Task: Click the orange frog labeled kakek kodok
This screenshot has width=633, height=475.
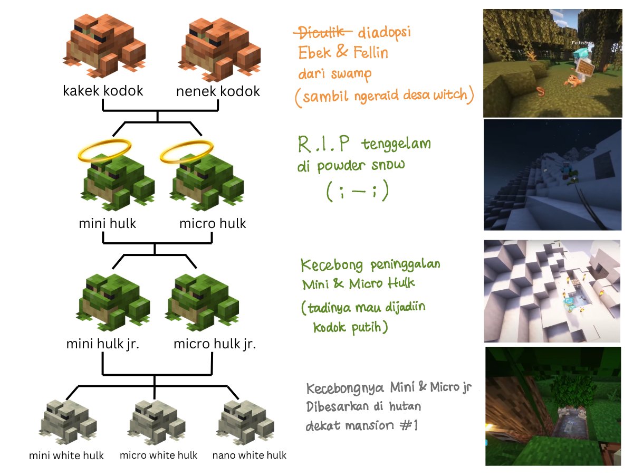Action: pyautogui.click(x=104, y=45)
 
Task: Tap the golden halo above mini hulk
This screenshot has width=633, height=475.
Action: pyautogui.click(x=104, y=150)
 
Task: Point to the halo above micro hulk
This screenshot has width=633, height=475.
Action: pyautogui.click(x=187, y=151)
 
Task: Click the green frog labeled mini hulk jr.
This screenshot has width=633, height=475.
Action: pyautogui.click(x=113, y=302)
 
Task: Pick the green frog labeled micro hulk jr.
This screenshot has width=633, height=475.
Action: pyautogui.click(x=202, y=302)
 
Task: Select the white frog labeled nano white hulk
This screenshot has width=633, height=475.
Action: pyautogui.click(x=245, y=422)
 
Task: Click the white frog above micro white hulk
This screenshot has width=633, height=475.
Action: pyautogui.click(x=156, y=422)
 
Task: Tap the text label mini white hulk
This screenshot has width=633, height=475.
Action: pyautogui.click(x=66, y=455)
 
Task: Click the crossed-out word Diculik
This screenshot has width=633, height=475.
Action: pyautogui.click(x=322, y=32)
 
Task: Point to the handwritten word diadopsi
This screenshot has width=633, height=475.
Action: pyautogui.click(x=384, y=32)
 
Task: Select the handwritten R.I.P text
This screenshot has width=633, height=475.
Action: pyautogui.click(x=323, y=144)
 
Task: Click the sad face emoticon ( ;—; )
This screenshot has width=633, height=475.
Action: pyautogui.click(x=358, y=191)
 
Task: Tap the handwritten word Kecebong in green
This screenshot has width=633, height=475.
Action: pyautogui.click(x=332, y=265)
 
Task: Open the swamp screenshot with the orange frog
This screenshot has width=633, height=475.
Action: pyautogui.click(x=552, y=63)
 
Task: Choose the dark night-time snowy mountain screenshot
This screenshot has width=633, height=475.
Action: pyautogui.click(x=552, y=175)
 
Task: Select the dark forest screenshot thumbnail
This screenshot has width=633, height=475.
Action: pyautogui.click(x=553, y=406)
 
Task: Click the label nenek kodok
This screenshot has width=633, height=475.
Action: pyautogui.click(x=218, y=91)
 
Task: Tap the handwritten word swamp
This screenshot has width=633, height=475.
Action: pyautogui.click(x=351, y=74)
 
